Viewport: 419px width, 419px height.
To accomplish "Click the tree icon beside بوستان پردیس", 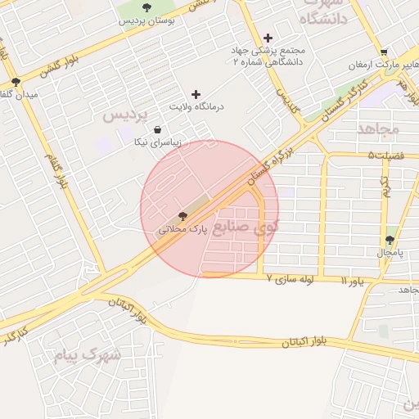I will pyautogui.click(x=146, y=7).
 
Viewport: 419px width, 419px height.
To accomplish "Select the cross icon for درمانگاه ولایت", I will pyautogui.click(x=196, y=95).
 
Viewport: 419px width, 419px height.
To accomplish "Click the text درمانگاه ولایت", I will pyautogui.click(x=196, y=107).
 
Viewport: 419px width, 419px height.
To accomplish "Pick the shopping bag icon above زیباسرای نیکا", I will pyautogui.click(x=157, y=129).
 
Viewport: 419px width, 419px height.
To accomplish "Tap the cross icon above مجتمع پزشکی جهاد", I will pyautogui.click(x=268, y=38).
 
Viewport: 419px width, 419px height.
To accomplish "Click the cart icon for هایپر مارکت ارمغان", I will pyautogui.click(x=384, y=52).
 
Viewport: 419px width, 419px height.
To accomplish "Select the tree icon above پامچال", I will pyautogui.click(x=390, y=241).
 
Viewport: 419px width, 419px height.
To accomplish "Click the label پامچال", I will pyautogui.click(x=390, y=253).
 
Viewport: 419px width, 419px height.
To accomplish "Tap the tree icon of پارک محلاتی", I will pyautogui.click(x=182, y=215).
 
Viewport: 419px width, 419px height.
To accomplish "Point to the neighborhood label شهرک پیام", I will pyautogui.click(x=88, y=355).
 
